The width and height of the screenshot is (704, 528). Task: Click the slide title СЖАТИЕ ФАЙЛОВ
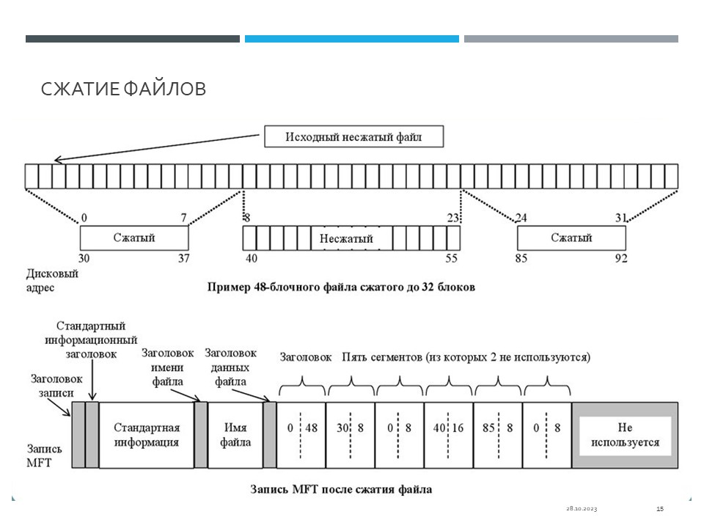coord(123,89)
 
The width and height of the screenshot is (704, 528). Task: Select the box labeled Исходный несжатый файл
coord(353,136)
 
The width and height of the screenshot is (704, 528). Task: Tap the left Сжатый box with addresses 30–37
coord(134,238)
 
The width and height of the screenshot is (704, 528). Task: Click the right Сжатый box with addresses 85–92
coord(571,238)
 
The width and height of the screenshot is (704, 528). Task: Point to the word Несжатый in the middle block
coord(346,238)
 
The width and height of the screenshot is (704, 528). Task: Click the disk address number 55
coord(451,258)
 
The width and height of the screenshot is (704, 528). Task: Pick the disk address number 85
coord(521,258)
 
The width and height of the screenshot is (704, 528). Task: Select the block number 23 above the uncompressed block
coord(452,219)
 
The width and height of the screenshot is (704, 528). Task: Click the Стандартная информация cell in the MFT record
coord(147,435)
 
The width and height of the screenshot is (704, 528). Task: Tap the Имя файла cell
coord(235,435)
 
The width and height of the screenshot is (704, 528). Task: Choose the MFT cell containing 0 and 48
coord(301,435)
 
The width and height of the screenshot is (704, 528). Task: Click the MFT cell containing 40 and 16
coord(448,435)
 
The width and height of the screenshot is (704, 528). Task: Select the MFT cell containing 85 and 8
coord(497,435)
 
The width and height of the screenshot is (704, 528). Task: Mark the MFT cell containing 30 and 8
coord(351,435)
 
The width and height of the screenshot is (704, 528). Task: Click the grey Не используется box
coord(625,435)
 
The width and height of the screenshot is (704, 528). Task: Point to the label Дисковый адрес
coord(52,280)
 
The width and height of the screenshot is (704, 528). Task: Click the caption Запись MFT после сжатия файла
coord(341,489)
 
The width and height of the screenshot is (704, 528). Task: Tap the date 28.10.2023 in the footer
coord(582,509)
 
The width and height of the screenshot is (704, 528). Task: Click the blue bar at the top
coord(351,39)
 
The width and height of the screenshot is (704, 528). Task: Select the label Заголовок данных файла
coord(230,367)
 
